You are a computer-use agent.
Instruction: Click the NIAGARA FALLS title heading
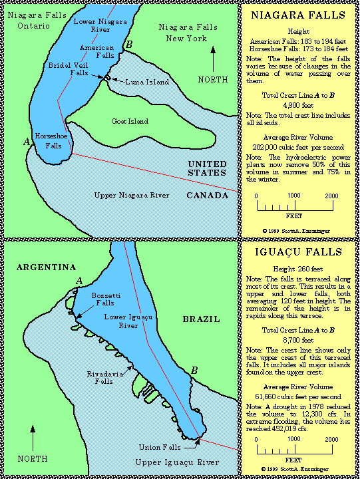[299, 15]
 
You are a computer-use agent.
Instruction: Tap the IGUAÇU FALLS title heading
[299, 252]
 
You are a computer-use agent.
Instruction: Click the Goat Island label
[130, 122]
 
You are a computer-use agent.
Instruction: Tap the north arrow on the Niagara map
[212, 62]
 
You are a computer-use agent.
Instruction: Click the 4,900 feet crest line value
[298, 104]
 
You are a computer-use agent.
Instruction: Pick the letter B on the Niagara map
[130, 44]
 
